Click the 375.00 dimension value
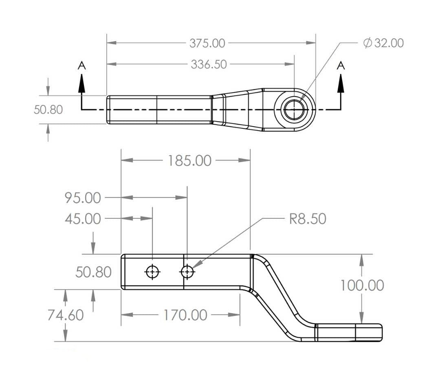click(x=207, y=43)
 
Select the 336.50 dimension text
click(x=209, y=64)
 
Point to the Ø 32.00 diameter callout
click(x=383, y=43)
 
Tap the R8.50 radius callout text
click(x=308, y=219)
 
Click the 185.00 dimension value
click(x=189, y=161)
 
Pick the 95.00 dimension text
click(x=83, y=198)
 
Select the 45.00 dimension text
click(x=83, y=219)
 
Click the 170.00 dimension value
click(x=185, y=315)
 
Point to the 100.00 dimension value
click(x=362, y=286)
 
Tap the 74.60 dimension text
click(x=65, y=315)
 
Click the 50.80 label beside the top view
click(x=48, y=110)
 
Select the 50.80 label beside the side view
click(x=93, y=272)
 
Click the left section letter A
click(x=82, y=65)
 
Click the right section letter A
click(x=341, y=65)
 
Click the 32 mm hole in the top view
click(x=294, y=110)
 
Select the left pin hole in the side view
click(x=153, y=272)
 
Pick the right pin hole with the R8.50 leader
click(x=187, y=272)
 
